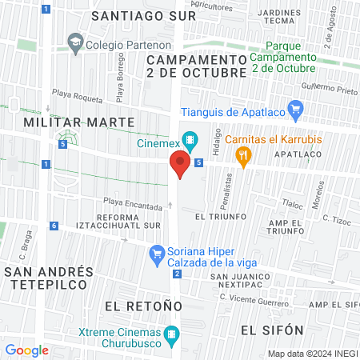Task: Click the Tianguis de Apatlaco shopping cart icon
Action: coord(296,110)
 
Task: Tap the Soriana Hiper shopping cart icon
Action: coord(158,256)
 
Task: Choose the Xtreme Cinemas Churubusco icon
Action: coord(170,334)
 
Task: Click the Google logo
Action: coord(26,350)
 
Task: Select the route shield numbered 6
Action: coord(53,226)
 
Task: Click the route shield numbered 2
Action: coord(175,274)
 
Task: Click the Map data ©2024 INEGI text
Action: coord(312,353)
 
